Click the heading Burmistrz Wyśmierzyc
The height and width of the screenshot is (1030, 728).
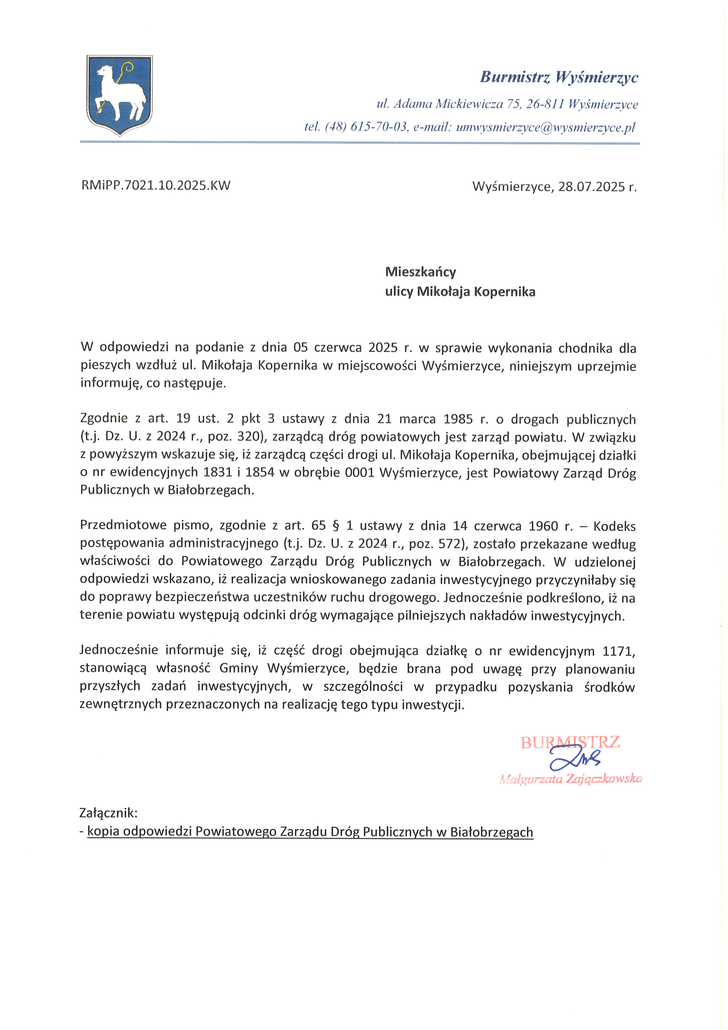559,77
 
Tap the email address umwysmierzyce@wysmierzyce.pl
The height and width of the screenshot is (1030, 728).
545,127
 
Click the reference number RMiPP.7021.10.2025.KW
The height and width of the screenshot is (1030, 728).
156,186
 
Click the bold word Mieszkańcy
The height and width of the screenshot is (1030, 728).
420,272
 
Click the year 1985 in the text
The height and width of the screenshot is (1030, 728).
458,419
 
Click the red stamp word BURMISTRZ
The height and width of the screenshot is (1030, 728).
570,743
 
